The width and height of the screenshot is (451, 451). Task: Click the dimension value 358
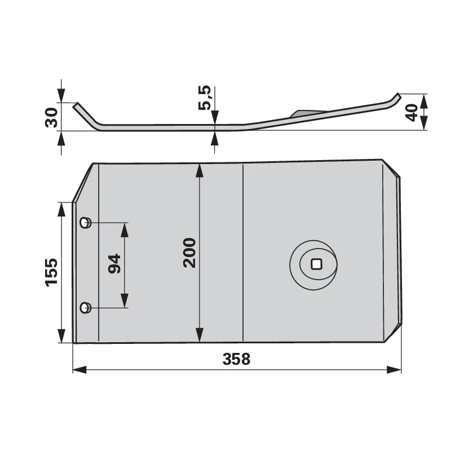coord(236,359)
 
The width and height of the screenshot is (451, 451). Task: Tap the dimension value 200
coord(189,253)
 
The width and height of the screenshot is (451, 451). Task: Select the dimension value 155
coord(51,272)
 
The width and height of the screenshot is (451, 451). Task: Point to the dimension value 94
coord(114,263)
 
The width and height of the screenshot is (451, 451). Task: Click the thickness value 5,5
coord(205,98)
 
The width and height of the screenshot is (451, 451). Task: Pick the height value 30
coord(51,117)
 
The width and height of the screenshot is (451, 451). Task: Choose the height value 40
coord(411,112)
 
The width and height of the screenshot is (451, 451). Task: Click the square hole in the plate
coord(316,264)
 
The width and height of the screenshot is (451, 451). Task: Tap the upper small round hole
coord(86,223)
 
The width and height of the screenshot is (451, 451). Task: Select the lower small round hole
coord(86,308)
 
